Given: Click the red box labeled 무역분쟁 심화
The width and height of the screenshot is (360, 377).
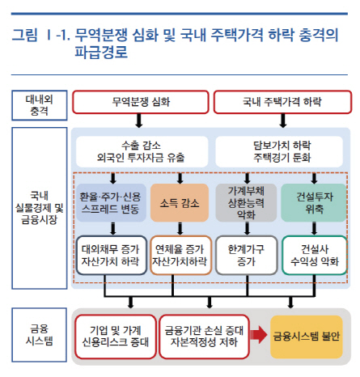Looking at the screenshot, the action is coord(141,102).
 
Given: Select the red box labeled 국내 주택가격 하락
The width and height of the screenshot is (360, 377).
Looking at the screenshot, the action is coord(282,102).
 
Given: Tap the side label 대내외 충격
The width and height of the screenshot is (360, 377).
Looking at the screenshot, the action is coord(40,105).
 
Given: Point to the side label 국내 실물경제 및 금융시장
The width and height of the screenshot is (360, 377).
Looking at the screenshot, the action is coord(40,208).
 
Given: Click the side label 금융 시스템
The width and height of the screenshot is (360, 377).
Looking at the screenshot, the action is coord(40,335).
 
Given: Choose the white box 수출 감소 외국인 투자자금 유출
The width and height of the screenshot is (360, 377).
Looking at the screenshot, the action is coord(142,151).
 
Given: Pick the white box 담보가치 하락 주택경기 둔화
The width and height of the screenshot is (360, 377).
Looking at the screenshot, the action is coord(279,151).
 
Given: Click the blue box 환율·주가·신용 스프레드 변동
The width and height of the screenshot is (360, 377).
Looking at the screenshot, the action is coord(111,203).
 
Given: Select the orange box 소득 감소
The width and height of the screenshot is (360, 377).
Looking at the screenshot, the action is coord(180,203).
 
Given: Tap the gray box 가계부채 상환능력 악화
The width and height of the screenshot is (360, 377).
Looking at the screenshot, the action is coord(246,203).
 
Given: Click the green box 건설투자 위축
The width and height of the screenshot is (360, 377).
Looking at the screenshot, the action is coord(314,203).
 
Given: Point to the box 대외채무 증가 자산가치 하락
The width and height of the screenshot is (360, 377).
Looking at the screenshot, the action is coord(112,256).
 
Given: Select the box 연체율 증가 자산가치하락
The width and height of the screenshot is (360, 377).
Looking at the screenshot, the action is coord(180,256).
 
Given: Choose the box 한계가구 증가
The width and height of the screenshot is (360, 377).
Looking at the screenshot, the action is coord(247,256).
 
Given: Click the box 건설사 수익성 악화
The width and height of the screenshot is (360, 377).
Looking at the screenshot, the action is coord(315,256).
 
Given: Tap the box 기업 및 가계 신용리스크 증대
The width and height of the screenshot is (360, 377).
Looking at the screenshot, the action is coord(116,337).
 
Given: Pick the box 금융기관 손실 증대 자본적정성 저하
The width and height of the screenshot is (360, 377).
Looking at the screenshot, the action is coord(204,337).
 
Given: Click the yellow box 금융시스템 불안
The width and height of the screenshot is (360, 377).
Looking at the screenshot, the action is coord(307,337).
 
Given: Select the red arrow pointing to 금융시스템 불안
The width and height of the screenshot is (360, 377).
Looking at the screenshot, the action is coord(259,335).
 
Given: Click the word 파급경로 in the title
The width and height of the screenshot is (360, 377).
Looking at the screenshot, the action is coord(101,52).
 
